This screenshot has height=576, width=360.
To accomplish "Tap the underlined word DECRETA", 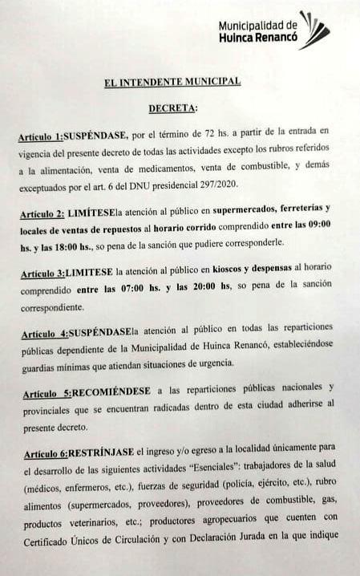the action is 172,107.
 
